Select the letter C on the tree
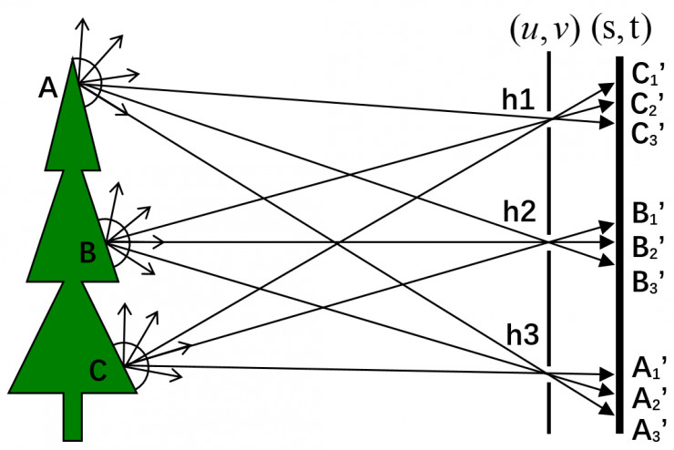[98, 369]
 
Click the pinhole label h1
[519, 100]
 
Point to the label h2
[521, 212]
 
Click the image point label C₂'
[649, 105]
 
